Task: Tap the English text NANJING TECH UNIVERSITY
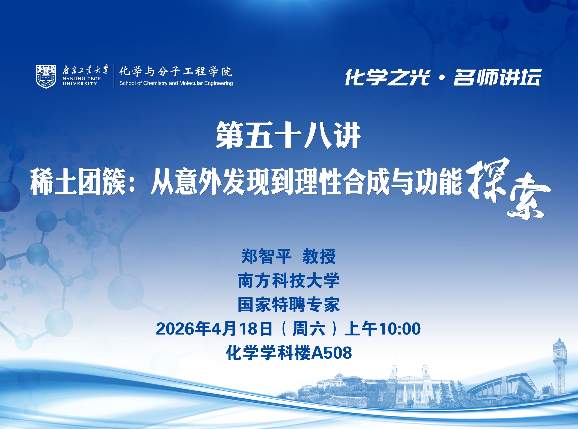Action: [82, 81]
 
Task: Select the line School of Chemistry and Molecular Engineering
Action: [176, 83]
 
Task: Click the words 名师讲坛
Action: [497, 77]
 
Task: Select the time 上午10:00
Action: [382, 329]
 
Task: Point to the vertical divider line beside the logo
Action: [114, 76]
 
